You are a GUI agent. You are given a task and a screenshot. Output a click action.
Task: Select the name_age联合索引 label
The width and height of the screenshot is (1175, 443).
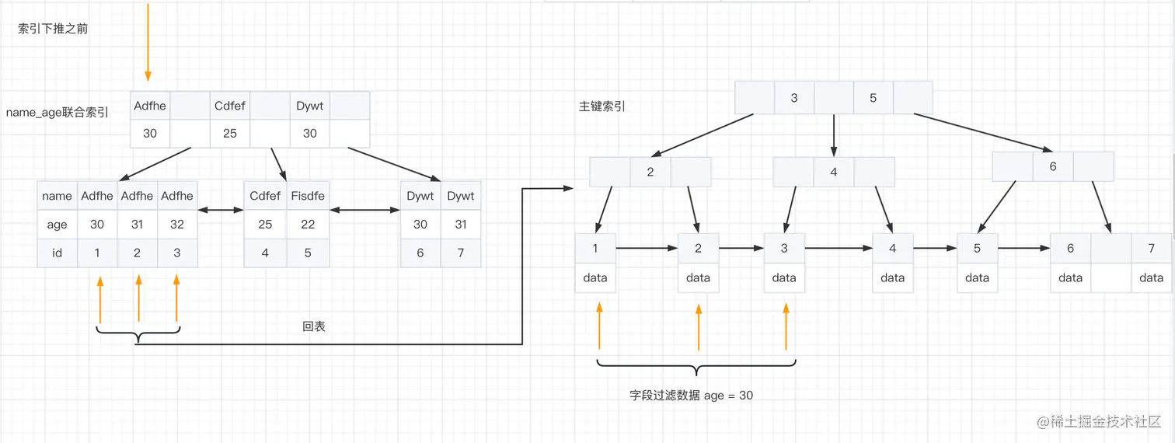click(x=58, y=113)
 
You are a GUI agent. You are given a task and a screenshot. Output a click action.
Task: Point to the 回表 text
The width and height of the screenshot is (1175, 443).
click(x=314, y=326)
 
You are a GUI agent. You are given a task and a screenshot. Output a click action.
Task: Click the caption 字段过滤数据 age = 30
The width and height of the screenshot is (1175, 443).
click(x=691, y=396)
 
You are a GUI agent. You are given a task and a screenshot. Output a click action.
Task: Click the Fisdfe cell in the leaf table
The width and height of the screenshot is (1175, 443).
click(x=308, y=196)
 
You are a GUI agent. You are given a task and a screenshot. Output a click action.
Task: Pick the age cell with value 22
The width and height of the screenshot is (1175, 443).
click(x=308, y=225)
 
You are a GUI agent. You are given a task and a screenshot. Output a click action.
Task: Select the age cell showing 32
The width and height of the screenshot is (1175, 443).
click(x=177, y=225)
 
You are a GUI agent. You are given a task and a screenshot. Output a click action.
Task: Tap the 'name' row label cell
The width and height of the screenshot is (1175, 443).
click(x=57, y=196)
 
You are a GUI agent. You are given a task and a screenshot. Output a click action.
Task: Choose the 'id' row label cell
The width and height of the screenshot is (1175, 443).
click(x=57, y=253)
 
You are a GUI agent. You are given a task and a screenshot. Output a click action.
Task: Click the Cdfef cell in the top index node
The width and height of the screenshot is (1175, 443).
click(x=230, y=106)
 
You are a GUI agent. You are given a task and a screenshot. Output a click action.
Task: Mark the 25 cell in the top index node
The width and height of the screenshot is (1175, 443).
click(x=230, y=133)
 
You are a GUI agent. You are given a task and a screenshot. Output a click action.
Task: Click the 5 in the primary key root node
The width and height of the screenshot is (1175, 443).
click(x=873, y=98)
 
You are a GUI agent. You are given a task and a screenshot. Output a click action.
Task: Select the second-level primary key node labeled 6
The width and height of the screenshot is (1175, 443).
click(x=1053, y=166)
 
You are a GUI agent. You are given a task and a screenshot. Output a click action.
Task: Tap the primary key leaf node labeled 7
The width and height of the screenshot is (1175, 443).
click(x=1151, y=249)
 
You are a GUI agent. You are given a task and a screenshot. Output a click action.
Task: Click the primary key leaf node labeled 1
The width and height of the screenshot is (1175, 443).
click(x=595, y=249)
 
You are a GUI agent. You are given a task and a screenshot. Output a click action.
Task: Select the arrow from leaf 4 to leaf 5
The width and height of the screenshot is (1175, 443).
click(x=935, y=249)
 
